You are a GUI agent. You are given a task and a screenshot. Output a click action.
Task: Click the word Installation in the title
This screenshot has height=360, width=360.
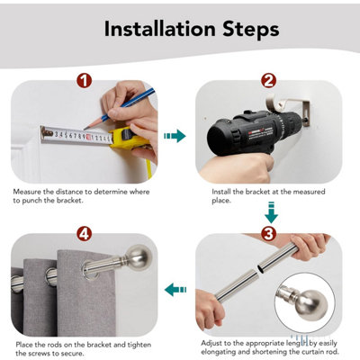point(160,29)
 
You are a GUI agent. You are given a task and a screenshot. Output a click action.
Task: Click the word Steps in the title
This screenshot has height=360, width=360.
point(251,30)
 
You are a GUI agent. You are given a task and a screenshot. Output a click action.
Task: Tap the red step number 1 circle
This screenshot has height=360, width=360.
point(84,80)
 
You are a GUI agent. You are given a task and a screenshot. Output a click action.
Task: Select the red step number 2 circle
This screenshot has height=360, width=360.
point(268,80)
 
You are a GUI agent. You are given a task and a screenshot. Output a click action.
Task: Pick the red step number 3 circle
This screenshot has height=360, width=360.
point(268,234)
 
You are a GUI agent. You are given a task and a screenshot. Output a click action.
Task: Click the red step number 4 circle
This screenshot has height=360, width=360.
point(84,234)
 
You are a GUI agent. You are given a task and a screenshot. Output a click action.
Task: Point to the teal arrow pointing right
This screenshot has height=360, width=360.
point(175,136)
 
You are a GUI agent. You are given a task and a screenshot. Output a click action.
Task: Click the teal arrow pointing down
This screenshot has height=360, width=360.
point(271,212)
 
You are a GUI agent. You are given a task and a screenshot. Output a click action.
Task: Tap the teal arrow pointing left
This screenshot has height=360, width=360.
point(175,290)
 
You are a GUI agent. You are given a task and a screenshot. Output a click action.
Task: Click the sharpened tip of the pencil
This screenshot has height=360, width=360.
point(85,129)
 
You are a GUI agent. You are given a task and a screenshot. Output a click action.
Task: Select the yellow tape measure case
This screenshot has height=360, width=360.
point(130,138)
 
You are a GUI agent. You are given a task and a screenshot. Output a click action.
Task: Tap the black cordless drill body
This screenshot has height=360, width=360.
point(245,132)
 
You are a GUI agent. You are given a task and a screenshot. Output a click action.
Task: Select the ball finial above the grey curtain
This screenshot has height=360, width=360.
point(139,257)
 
